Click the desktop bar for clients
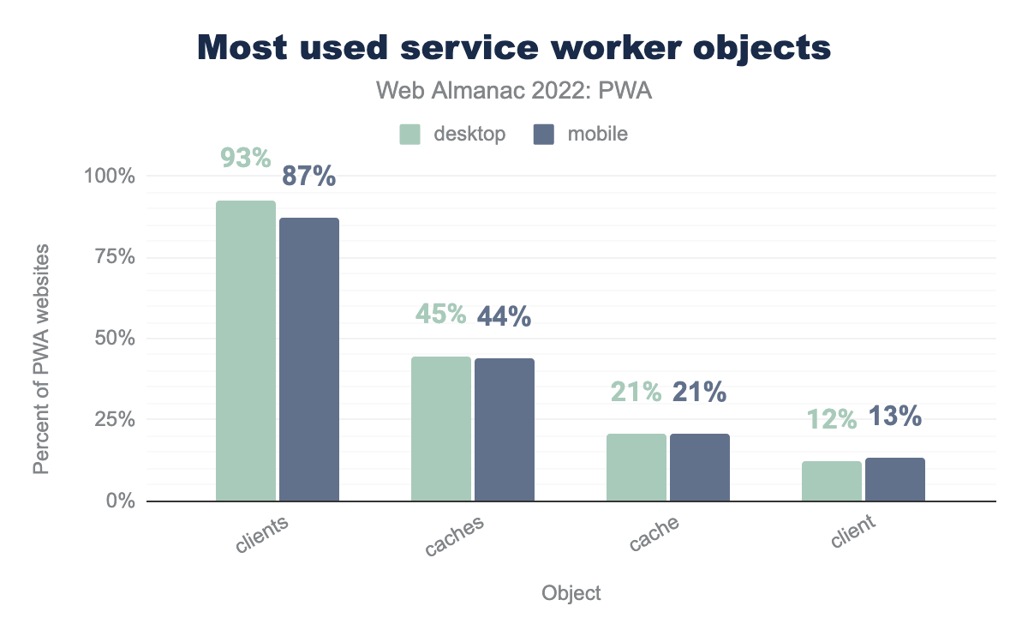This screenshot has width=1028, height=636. coord(246,351)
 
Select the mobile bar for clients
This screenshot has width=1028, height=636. coord(309,359)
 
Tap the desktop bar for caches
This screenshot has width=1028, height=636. coord(441,429)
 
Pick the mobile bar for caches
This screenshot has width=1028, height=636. coord(505,429)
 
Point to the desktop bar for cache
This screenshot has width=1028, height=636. coord(637,467)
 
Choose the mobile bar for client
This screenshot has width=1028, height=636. coord(895,479)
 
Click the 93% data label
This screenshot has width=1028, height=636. coord(246,159)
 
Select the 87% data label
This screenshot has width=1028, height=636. coord(309,177)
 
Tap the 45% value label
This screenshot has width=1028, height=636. coord(441,315)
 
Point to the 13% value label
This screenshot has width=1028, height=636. coord(895,417)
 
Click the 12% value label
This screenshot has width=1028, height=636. coord(831,419)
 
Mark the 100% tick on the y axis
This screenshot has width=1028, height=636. coord(110,177)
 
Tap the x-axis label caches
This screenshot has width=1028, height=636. coord(454,537)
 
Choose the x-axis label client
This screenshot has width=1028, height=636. coord(852,531)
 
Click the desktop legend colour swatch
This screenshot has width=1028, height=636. coord(409,135)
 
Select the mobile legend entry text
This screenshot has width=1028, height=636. coord(597,135)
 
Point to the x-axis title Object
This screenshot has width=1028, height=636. coord(571,593)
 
